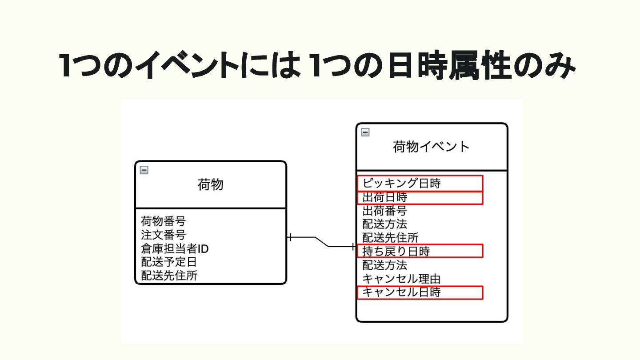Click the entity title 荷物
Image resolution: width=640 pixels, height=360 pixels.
point(210,184)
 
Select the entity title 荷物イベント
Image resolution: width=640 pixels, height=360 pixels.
point(431,146)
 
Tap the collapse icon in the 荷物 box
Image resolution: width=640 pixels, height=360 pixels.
point(144,170)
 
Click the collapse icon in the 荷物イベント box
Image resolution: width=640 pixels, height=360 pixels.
point(365,132)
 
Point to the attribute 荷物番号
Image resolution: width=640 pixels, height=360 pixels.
point(163,221)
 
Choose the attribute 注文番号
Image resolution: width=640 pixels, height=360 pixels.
point(163,235)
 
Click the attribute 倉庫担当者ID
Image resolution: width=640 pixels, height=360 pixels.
point(175,248)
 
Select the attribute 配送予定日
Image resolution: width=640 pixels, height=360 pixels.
point(169,262)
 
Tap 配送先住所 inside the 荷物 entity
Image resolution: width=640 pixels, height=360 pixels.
point(169,276)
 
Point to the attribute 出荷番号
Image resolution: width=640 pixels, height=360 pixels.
point(384,211)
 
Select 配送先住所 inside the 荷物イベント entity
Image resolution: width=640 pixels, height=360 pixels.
point(390,238)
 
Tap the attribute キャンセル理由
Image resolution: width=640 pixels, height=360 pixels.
point(401,279)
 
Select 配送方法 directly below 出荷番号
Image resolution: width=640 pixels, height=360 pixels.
point(384,224)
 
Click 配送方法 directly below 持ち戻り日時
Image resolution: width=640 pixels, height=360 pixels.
point(384,265)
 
